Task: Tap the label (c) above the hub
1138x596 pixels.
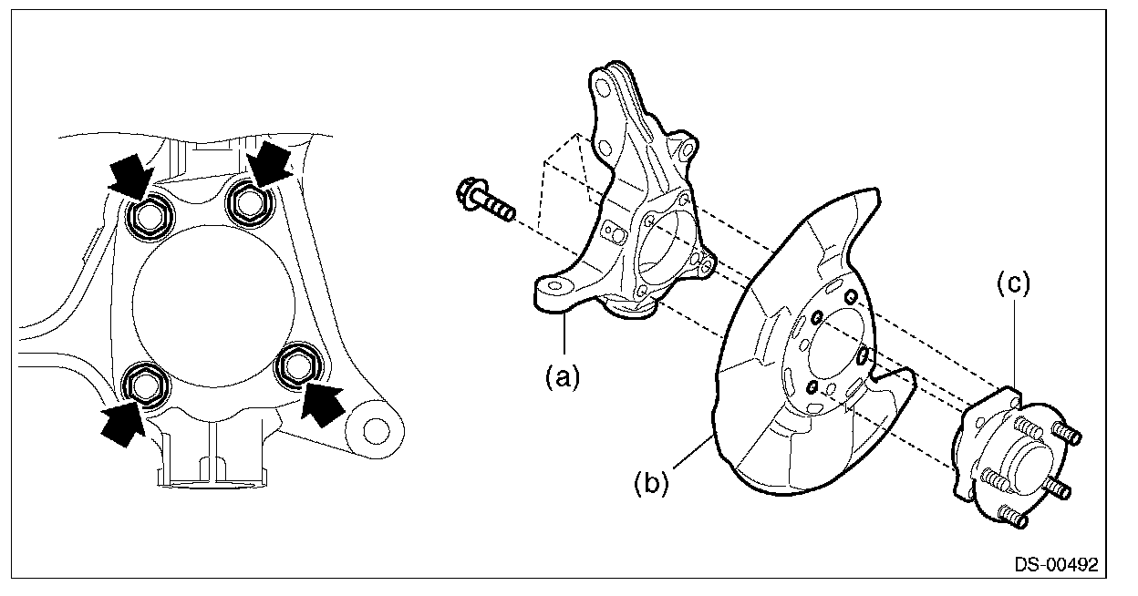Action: [x=1012, y=284]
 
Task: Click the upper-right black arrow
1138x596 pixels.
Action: [x=271, y=163]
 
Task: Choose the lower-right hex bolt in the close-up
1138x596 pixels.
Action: [x=296, y=366]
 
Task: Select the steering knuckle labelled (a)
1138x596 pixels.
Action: [x=629, y=210]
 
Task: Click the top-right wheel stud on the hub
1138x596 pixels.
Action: [x=1067, y=435]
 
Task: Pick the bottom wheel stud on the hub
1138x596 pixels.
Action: [x=1015, y=518]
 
